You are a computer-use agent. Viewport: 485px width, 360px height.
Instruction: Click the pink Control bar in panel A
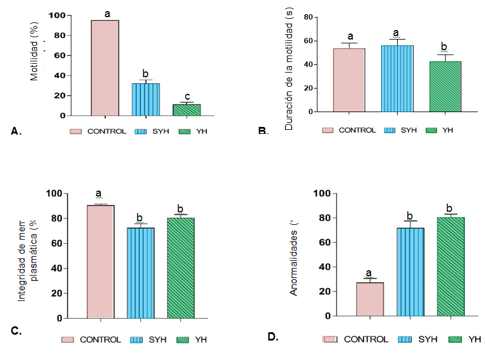click(105, 68)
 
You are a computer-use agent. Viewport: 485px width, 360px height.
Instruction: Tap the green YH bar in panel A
click(186, 110)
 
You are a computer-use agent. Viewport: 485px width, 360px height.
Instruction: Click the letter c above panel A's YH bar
click(186, 97)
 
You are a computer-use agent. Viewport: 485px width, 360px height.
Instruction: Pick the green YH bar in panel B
click(445, 86)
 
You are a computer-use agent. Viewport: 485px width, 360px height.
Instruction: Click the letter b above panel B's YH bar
click(445, 47)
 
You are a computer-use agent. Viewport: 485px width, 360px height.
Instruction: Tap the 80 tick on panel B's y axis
click(307, 17)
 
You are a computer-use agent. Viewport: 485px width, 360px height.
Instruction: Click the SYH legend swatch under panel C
click(139, 339)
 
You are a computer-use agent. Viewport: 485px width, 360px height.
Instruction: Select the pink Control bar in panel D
click(370, 299)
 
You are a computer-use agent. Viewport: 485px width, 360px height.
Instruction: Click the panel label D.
click(273, 336)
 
